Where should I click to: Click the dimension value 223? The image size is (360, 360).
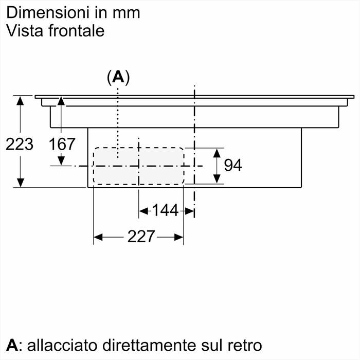click(x=20, y=144)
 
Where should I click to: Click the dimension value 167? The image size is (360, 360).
click(x=62, y=144)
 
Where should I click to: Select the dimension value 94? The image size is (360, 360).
click(x=233, y=165)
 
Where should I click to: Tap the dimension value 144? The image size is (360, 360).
click(x=165, y=210)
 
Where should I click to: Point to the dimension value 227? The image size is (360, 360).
click(x=141, y=237)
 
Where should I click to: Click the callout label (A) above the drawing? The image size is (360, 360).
click(x=118, y=77)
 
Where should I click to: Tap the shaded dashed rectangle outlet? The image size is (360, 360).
click(x=138, y=166)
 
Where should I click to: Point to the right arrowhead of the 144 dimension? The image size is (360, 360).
click(x=189, y=210)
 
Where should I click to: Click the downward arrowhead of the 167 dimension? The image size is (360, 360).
click(x=62, y=160)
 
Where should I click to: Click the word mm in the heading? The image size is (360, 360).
click(x=127, y=12)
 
